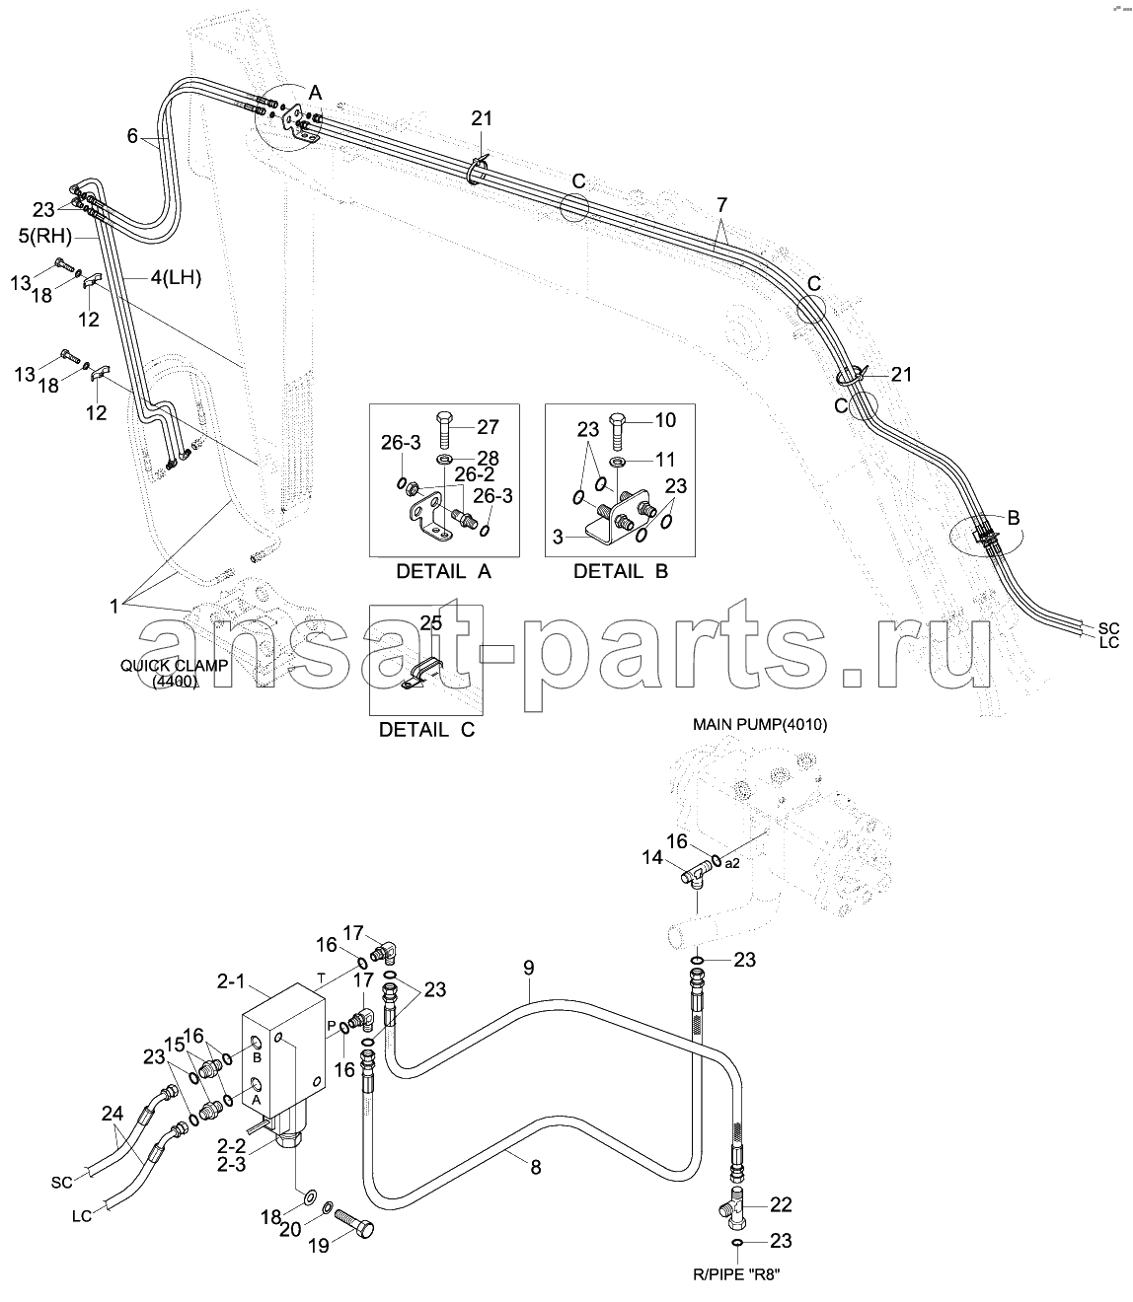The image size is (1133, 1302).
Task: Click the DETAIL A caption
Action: pyautogui.click(x=444, y=571)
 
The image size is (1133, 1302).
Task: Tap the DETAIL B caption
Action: pyautogui.click(x=621, y=571)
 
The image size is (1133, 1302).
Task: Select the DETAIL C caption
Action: pyautogui.click(x=426, y=729)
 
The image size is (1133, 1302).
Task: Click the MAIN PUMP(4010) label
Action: pyautogui.click(x=760, y=724)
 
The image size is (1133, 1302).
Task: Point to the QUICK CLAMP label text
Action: pyautogui.click(x=174, y=666)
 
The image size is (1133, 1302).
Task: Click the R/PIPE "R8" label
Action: pyautogui.click(x=736, y=1274)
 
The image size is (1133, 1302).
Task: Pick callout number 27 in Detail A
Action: pyautogui.click(x=488, y=426)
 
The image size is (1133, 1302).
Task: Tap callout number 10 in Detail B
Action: pyautogui.click(x=665, y=420)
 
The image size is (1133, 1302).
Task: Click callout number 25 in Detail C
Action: pyautogui.click(x=431, y=622)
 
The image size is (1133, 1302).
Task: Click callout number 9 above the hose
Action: pyautogui.click(x=528, y=968)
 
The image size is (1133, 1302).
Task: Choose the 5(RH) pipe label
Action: pyautogui.click(x=44, y=236)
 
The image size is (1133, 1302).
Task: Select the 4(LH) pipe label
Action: pyautogui.click(x=177, y=277)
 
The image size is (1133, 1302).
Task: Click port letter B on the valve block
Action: pyautogui.click(x=258, y=1057)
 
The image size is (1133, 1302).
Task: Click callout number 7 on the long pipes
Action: pyautogui.click(x=721, y=205)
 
